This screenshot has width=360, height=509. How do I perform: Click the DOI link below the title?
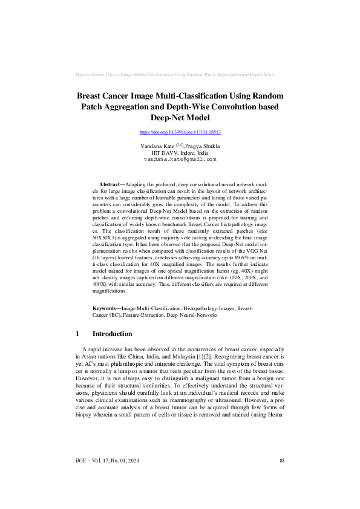tap(180, 131)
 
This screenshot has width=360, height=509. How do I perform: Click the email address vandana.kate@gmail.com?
tap(180, 159)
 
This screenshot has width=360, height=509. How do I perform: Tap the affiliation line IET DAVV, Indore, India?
tap(180, 153)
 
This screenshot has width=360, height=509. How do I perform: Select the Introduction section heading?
tap(112, 334)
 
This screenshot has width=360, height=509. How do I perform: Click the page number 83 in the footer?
tap(281, 479)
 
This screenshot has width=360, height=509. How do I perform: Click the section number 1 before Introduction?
tap(78, 334)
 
